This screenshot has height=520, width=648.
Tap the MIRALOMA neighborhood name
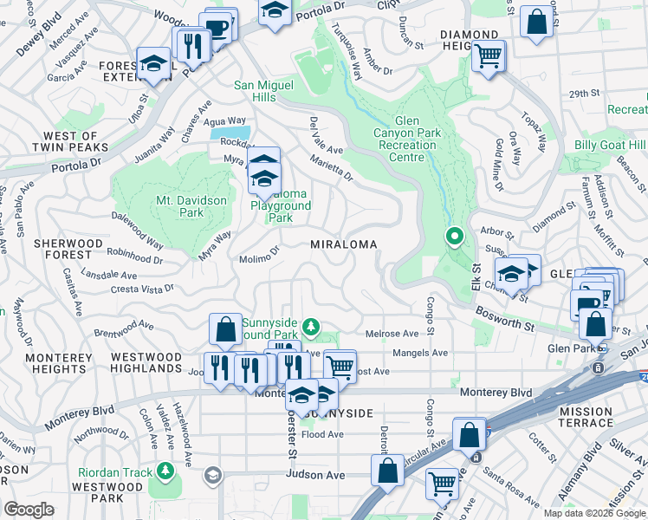pos(344,245)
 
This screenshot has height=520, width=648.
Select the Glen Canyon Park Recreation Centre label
pos(406,133)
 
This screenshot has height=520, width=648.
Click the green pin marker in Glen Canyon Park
pos(453,236)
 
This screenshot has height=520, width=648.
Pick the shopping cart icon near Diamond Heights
pos(489,56)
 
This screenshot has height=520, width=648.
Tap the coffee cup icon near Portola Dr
pos(218,26)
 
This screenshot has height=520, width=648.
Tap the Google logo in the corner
pos(29,510)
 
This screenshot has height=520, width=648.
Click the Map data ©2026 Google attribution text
pos(594,513)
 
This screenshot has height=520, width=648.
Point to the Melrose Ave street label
pos(392,334)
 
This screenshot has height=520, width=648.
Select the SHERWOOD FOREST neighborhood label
pos(62,250)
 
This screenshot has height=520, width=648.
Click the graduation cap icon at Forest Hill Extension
pos(153,64)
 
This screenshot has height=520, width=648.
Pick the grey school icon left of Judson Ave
pos(212,475)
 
